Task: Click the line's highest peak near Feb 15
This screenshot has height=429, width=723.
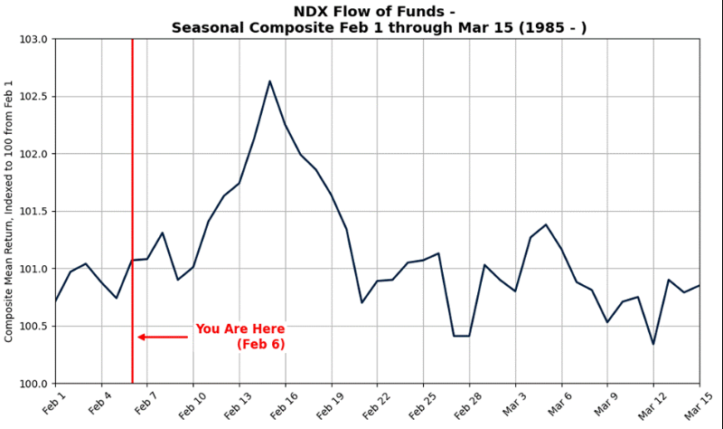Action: point(269,81)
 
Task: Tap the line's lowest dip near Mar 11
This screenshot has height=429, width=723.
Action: point(653,344)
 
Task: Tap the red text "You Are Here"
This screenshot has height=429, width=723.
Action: point(239,329)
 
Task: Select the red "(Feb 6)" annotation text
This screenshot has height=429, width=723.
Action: point(261,345)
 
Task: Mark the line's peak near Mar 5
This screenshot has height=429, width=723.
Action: point(546,224)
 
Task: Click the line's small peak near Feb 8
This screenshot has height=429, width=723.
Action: point(162,233)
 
